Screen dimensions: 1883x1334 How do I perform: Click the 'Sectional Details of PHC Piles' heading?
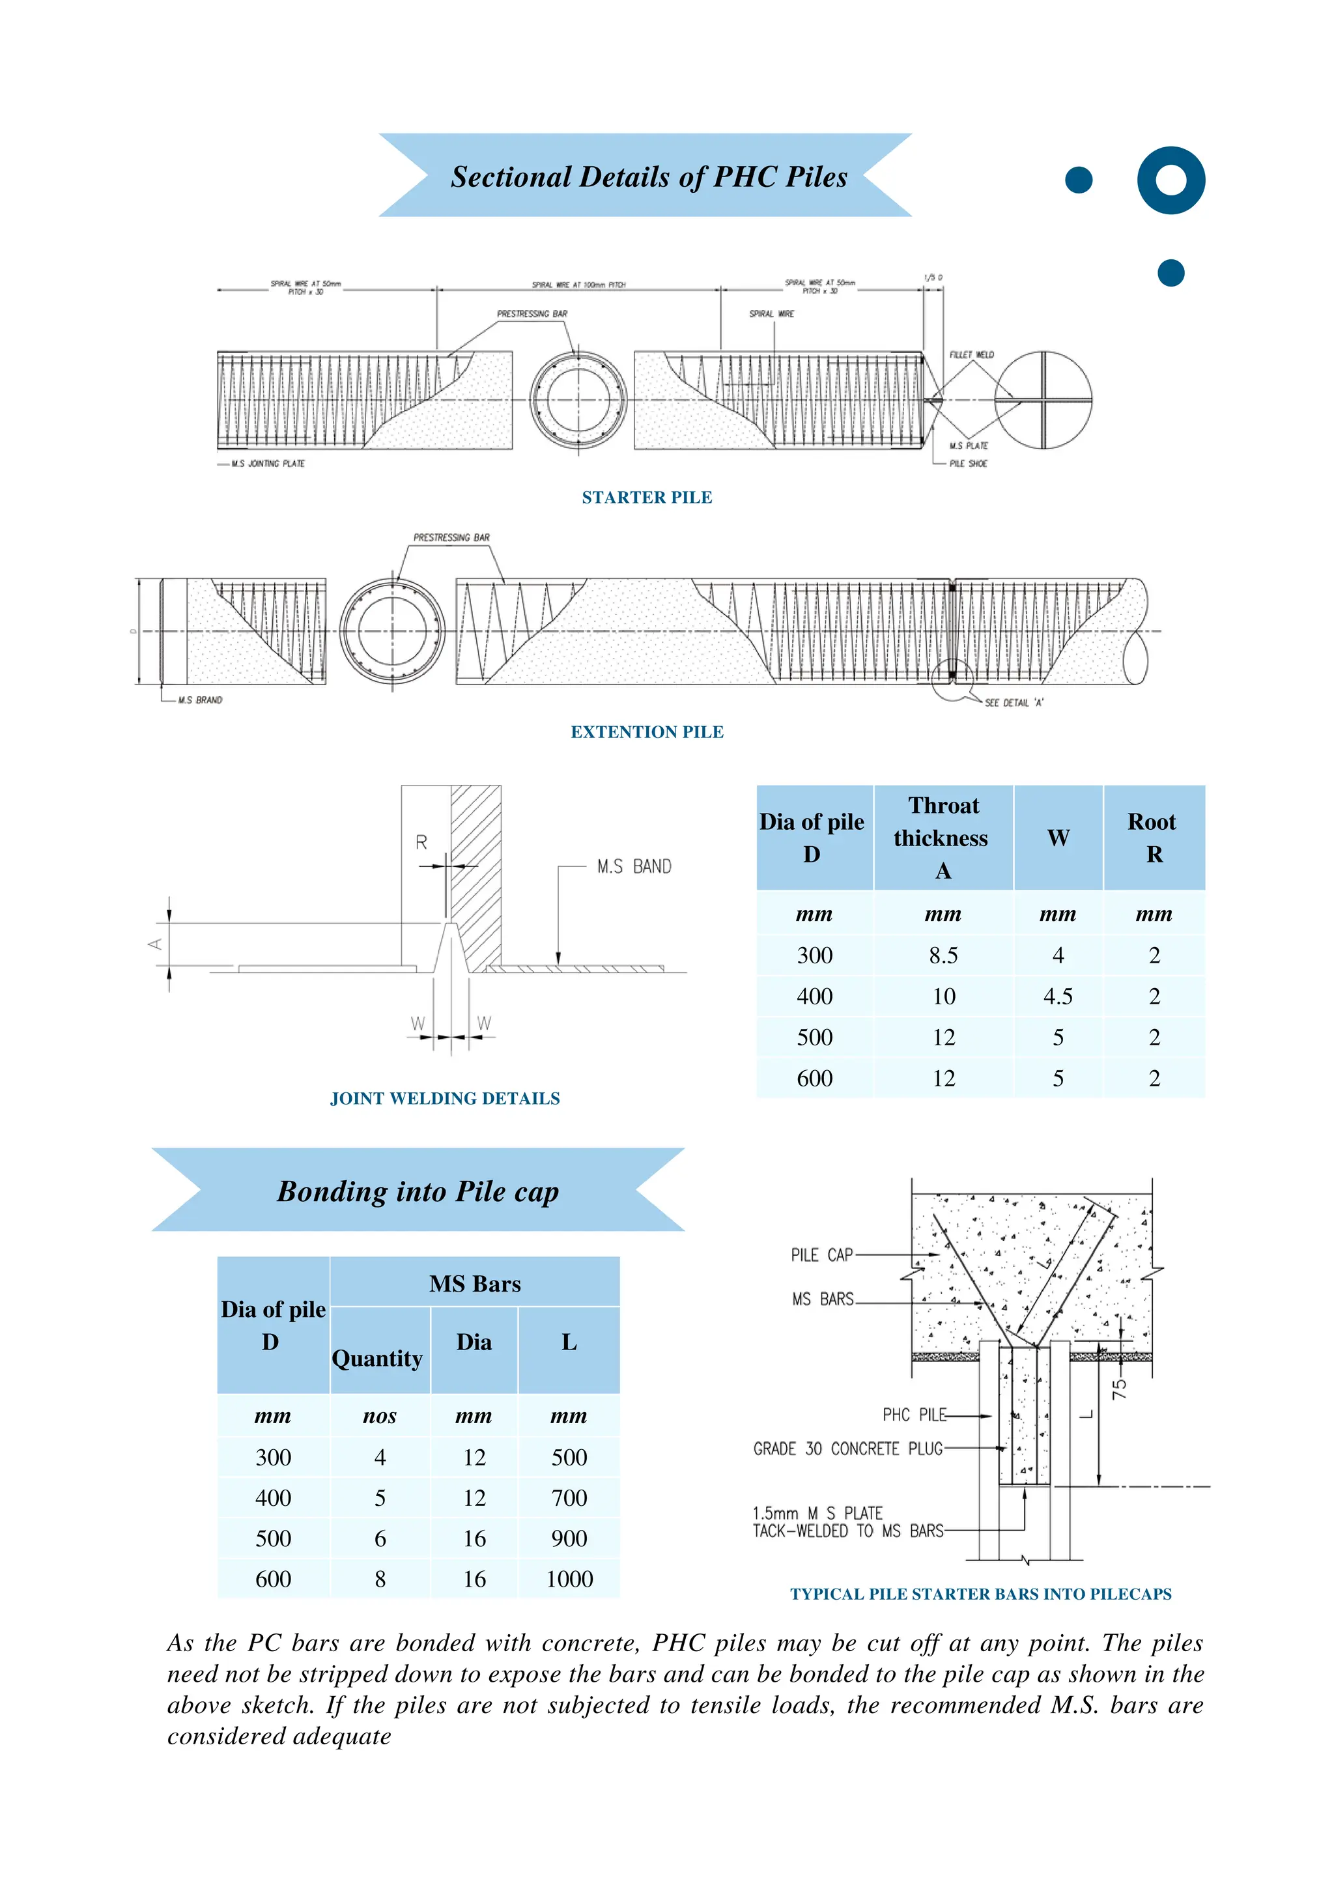tap(648, 177)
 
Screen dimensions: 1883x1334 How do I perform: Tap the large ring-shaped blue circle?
tap(1171, 180)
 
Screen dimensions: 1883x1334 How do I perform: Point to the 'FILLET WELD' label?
tap(971, 355)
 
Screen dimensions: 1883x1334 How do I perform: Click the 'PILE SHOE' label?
tap(969, 463)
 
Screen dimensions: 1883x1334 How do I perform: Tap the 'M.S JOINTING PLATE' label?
tap(268, 463)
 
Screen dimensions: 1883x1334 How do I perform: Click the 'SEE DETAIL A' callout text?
tap(1014, 702)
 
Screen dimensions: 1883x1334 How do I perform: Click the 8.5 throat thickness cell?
tap(943, 955)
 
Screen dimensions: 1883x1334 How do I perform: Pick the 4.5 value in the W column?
tap(1057, 996)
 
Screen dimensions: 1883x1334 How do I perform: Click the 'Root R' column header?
tap(1154, 838)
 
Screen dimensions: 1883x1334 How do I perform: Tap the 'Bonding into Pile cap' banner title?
tap(418, 1191)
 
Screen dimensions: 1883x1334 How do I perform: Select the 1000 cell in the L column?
tap(569, 1578)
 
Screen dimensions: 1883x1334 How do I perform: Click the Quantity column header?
tap(377, 1358)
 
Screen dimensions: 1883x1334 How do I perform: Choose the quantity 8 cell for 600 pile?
tap(380, 1578)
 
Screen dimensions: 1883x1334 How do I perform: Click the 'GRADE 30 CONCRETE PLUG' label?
tap(847, 1449)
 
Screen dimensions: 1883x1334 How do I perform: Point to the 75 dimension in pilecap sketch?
tap(1120, 1388)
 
